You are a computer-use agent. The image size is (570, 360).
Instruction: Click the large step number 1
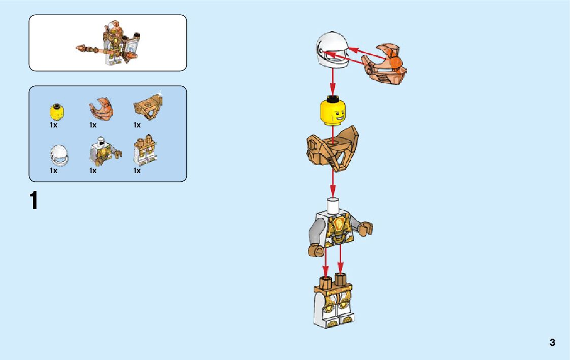point(34,201)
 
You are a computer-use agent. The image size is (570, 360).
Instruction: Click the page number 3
point(552,342)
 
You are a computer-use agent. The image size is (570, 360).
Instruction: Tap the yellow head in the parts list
point(56,111)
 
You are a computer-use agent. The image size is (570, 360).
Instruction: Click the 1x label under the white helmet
point(53,171)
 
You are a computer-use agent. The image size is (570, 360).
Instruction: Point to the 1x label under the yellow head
point(53,125)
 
